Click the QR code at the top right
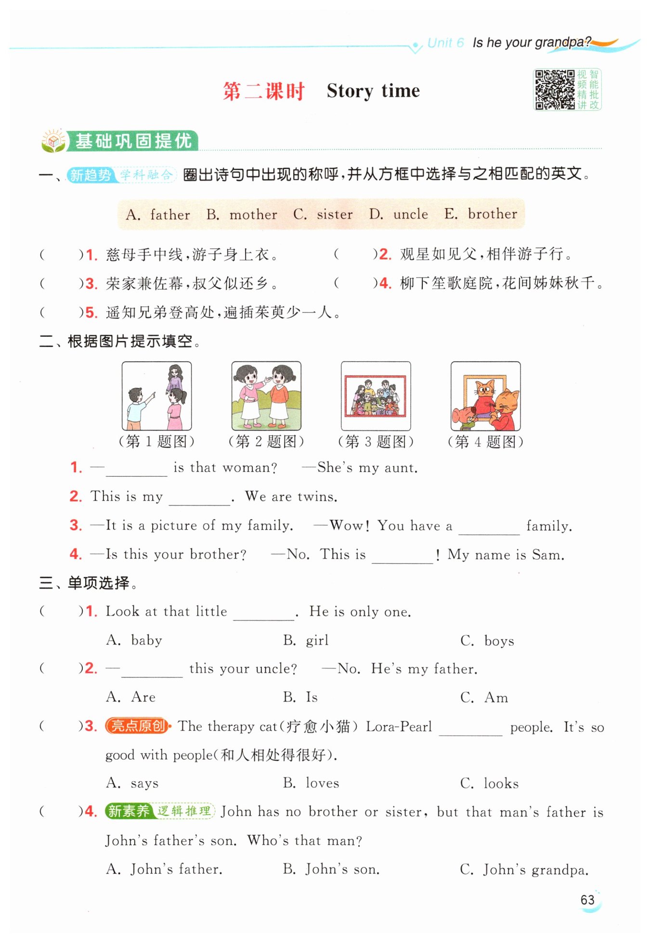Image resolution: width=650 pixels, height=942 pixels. [554, 90]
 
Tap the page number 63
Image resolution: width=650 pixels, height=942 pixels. [587, 900]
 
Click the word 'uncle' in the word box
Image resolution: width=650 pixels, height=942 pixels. [410, 214]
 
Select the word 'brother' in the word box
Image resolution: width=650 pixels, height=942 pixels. [492, 214]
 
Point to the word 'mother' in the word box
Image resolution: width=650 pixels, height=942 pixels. [253, 215]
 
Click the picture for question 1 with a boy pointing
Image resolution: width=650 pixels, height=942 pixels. [156, 396]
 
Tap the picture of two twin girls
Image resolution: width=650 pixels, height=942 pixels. [266, 396]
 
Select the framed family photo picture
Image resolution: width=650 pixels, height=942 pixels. [376, 396]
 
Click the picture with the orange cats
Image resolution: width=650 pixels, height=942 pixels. [485, 396]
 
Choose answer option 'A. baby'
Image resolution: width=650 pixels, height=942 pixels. [134, 640]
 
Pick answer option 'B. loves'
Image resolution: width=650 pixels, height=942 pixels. [311, 783]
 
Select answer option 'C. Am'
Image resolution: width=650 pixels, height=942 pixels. [484, 698]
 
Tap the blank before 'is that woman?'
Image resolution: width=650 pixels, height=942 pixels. [136, 469]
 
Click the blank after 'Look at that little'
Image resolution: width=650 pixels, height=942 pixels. [263, 612]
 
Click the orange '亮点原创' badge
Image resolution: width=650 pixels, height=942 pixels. [138, 726]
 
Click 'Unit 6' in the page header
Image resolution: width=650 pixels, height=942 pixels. [445, 43]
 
